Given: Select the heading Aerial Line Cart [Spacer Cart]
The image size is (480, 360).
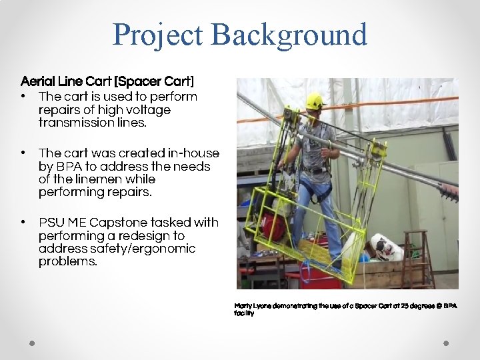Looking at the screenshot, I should pos(107,81).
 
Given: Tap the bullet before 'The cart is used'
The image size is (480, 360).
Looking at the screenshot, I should pos(23,97).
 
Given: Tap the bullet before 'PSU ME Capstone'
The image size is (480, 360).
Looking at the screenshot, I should pos(23,223).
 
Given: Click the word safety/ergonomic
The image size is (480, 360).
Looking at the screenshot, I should pos(141,249).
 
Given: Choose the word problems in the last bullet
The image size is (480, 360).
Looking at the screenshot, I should pos(68,262).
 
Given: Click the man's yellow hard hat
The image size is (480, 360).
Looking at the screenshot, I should pos(314,101).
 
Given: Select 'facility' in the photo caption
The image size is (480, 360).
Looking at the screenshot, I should pos(244,313).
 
